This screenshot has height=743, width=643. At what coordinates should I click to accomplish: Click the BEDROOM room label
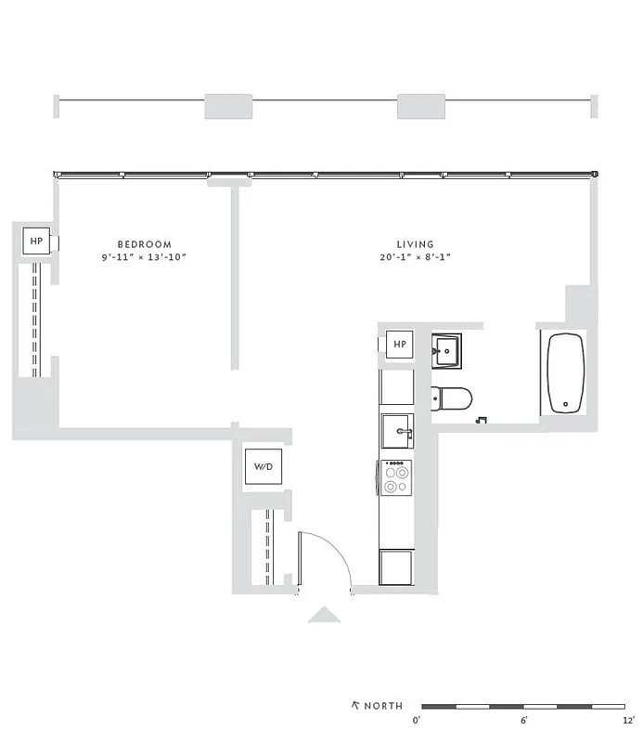(x=144, y=244)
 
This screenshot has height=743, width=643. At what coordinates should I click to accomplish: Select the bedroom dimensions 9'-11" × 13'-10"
(x=144, y=257)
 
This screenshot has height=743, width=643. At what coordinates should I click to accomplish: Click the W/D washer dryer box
(x=264, y=466)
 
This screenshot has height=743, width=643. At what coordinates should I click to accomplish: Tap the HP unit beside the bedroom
(x=37, y=241)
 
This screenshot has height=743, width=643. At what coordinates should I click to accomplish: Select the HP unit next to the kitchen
(x=400, y=345)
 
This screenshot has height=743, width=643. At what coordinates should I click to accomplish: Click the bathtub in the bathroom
(x=564, y=373)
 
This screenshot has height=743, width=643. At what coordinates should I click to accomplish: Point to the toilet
(x=454, y=398)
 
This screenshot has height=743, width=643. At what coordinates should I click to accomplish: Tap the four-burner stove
(x=396, y=478)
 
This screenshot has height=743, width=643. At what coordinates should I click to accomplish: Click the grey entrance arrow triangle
(x=324, y=614)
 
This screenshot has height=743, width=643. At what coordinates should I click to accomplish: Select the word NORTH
(x=383, y=706)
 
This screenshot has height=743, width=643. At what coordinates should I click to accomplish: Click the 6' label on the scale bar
(x=524, y=720)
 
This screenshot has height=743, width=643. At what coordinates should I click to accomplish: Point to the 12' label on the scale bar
(x=628, y=720)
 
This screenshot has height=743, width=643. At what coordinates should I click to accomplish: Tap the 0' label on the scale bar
(x=418, y=720)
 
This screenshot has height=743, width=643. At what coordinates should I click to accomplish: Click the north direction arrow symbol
(x=355, y=705)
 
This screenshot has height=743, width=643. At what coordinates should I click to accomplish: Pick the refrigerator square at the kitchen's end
(x=396, y=566)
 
